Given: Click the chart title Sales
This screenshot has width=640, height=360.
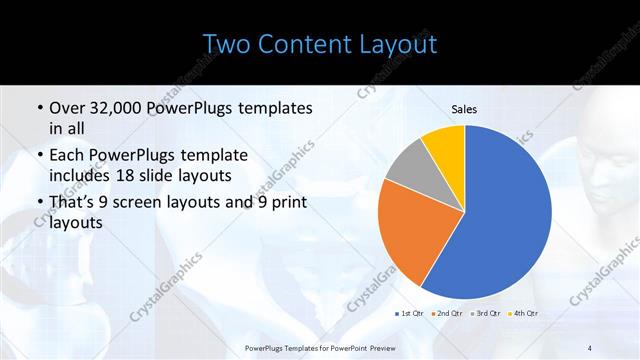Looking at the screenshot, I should click(x=464, y=108).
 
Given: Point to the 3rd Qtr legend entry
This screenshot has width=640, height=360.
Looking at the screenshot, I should click(x=485, y=314).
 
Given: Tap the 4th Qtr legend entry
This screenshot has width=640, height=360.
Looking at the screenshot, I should click(x=523, y=314).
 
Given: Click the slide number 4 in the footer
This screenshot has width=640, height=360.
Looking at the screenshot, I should click(x=590, y=347).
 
